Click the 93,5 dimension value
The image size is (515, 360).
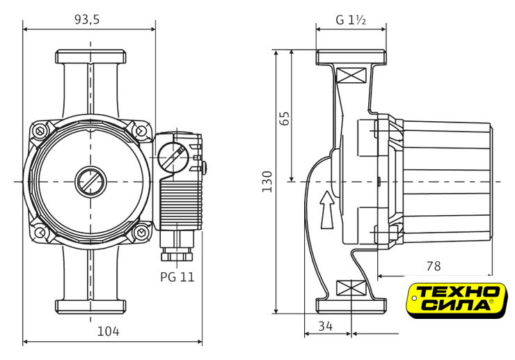click(87, 20)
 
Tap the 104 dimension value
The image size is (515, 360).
click(108, 331)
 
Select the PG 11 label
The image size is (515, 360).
click(177, 277)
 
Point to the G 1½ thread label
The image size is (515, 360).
click(351, 20)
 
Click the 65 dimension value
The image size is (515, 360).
click(285, 118)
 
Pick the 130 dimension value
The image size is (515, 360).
click(267, 182)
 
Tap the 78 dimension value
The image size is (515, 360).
click(433, 266)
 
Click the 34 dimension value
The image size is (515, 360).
click(326, 326)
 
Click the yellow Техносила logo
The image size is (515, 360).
click(457, 300)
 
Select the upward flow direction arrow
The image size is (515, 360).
click(327, 210)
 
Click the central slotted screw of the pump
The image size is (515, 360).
click(90, 182)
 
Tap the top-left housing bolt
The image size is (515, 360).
click(40, 131)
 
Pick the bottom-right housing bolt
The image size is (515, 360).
click(141, 232)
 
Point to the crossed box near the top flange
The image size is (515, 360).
click(351, 75)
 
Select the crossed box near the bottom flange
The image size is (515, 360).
click(351, 288)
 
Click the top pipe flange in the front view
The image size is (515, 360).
click(90, 56)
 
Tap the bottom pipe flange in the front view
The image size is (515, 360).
click(90, 306)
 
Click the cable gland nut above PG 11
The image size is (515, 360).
click(177, 256)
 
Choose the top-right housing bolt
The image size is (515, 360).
click(141, 131)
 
